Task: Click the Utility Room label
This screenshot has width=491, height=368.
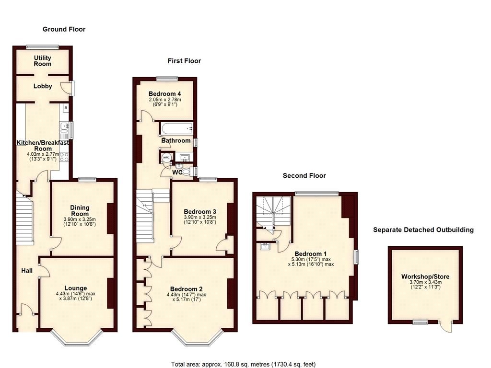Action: pos(42,61)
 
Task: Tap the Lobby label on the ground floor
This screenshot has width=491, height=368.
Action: pos(42,86)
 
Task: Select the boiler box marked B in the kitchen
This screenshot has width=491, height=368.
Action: pos(66,108)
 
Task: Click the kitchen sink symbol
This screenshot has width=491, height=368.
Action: pos(64,127)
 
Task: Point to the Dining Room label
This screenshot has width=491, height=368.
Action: pos(80,211)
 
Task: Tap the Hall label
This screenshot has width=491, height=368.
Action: pos(27,271)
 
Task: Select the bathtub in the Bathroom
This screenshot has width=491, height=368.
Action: pos(176,128)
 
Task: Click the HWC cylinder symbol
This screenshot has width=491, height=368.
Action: pos(166,158)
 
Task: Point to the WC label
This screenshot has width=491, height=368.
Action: pos(177,172)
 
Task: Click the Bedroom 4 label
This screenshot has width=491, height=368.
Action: pos(164,93)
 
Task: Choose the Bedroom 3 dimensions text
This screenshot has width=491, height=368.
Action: pos(200,219)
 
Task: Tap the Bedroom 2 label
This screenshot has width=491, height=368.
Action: pos(187,288)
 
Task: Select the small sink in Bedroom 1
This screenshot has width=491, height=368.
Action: pos(264,247)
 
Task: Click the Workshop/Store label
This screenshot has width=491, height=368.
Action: pos(425,276)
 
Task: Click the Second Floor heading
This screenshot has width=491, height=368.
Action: pos(304,176)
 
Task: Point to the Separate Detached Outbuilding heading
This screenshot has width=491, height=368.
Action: pos(423,230)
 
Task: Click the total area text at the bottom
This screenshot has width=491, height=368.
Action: pos(243,364)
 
